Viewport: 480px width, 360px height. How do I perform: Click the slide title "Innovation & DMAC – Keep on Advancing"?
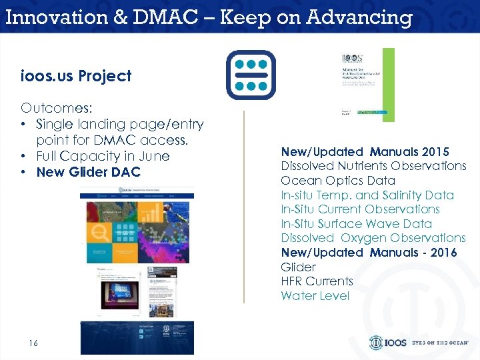[x=209, y=17]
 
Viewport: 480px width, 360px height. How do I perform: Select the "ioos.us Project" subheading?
[x=76, y=76]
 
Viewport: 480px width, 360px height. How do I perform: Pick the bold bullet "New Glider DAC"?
[x=89, y=172]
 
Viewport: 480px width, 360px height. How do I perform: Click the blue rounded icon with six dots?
[x=250, y=75]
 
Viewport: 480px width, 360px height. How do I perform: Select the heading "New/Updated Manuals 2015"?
[x=365, y=151]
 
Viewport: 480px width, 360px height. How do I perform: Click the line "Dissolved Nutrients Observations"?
[x=373, y=166]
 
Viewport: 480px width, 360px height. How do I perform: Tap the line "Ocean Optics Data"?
[x=338, y=181]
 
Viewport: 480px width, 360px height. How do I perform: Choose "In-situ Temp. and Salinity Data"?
[x=367, y=195]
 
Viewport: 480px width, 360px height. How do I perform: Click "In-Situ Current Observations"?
[x=360, y=209]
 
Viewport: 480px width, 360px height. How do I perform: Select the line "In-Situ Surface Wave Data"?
[x=356, y=224]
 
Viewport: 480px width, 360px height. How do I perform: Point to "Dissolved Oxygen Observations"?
[x=373, y=238]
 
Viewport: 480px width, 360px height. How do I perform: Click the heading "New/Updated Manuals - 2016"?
[x=369, y=253]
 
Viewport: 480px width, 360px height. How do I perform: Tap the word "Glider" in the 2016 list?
[x=299, y=267]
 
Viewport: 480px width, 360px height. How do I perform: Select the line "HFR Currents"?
[x=317, y=281]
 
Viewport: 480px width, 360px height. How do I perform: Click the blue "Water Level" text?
[x=315, y=296]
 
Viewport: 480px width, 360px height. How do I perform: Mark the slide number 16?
[x=33, y=343]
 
